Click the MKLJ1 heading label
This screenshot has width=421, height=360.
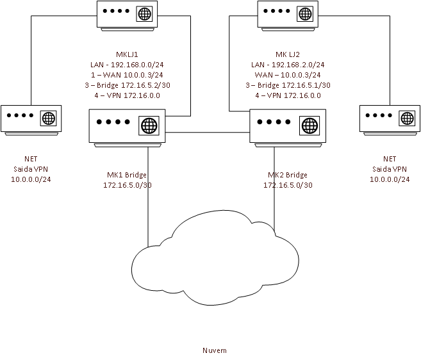[127, 54]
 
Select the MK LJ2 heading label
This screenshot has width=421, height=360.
[288, 54]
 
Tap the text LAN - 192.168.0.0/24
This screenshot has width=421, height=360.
[127, 65]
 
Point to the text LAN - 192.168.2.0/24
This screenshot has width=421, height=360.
[288, 65]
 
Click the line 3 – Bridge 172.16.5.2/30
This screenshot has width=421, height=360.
[127, 85]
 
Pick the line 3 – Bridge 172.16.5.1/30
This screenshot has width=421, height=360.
[288, 85]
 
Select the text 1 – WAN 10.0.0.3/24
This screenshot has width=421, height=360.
[127, 75]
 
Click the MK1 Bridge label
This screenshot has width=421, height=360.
[126, 175]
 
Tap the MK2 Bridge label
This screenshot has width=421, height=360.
[288, 175]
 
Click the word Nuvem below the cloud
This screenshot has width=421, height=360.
[214, 350]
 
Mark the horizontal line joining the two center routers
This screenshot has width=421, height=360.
[207, 132]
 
